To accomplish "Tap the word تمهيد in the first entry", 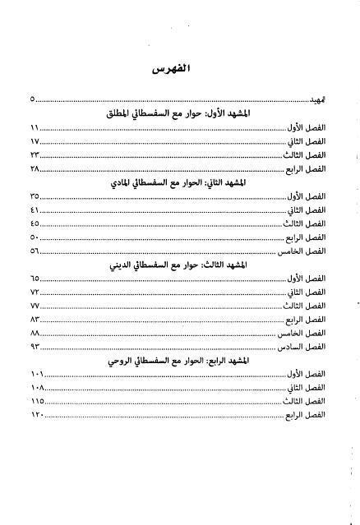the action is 316,100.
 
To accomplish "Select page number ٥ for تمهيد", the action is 33,100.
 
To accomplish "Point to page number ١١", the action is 35,128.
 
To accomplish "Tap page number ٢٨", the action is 35,168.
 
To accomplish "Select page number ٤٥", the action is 35,223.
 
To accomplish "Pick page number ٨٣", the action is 35,319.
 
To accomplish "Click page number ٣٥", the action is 35,196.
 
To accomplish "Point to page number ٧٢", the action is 35,292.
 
